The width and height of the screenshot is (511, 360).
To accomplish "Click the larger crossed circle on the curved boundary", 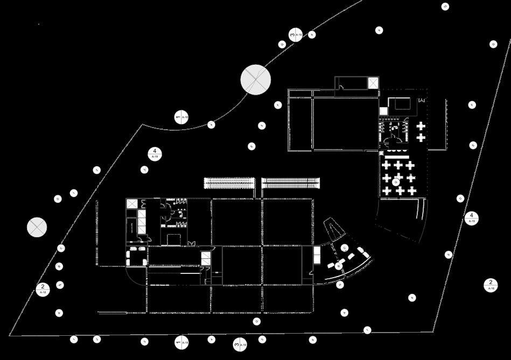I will [255, 80].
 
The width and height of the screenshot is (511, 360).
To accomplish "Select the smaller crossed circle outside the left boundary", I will [37, 227].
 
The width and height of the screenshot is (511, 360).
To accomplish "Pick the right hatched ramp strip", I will [291, 183].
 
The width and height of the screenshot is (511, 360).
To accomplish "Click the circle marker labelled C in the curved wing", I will [345, 248].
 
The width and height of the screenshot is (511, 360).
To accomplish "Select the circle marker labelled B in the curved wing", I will [338, 266].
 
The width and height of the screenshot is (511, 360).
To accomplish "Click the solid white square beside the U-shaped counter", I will [383, 111].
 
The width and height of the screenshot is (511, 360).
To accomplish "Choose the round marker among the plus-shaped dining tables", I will [396, 182].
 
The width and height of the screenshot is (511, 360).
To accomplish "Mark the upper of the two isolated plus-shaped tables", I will [421, 126].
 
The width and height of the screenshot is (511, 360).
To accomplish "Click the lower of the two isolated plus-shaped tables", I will [421, 138].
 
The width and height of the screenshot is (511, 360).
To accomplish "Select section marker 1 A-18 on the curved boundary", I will [181, 116].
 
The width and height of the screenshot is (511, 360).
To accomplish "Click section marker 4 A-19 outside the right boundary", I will [471, 218].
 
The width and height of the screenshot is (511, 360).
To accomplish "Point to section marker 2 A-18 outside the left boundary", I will [43, 288].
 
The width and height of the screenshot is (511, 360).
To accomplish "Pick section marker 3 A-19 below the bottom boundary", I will [240, 344].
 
